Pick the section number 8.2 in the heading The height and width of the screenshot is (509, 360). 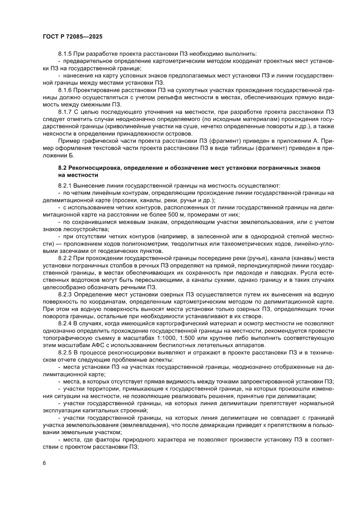(x=63, y=167)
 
